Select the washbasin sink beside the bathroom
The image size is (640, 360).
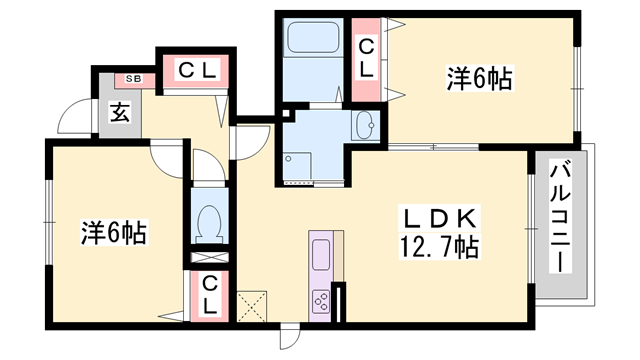point(366,125)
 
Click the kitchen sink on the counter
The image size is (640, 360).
point(321,255)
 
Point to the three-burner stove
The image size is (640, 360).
point(322,299)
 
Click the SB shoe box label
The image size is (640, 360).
point(131,77)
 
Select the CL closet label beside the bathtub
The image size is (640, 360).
point(366,57)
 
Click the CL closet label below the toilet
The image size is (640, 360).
point(210,294)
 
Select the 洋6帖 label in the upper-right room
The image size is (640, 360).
point(478,78)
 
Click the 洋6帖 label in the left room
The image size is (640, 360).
point(113,233)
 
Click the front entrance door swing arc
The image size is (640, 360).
point(72,120)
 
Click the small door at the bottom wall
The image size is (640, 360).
point(289,336)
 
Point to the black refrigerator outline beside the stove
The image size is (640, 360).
point(339,300)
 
